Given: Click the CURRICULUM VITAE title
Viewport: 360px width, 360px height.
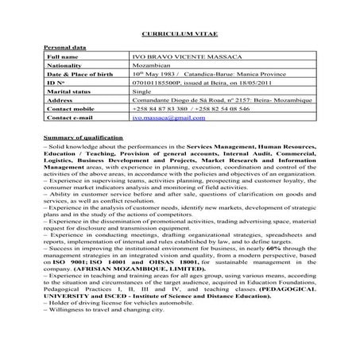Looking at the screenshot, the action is coord(179,37).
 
